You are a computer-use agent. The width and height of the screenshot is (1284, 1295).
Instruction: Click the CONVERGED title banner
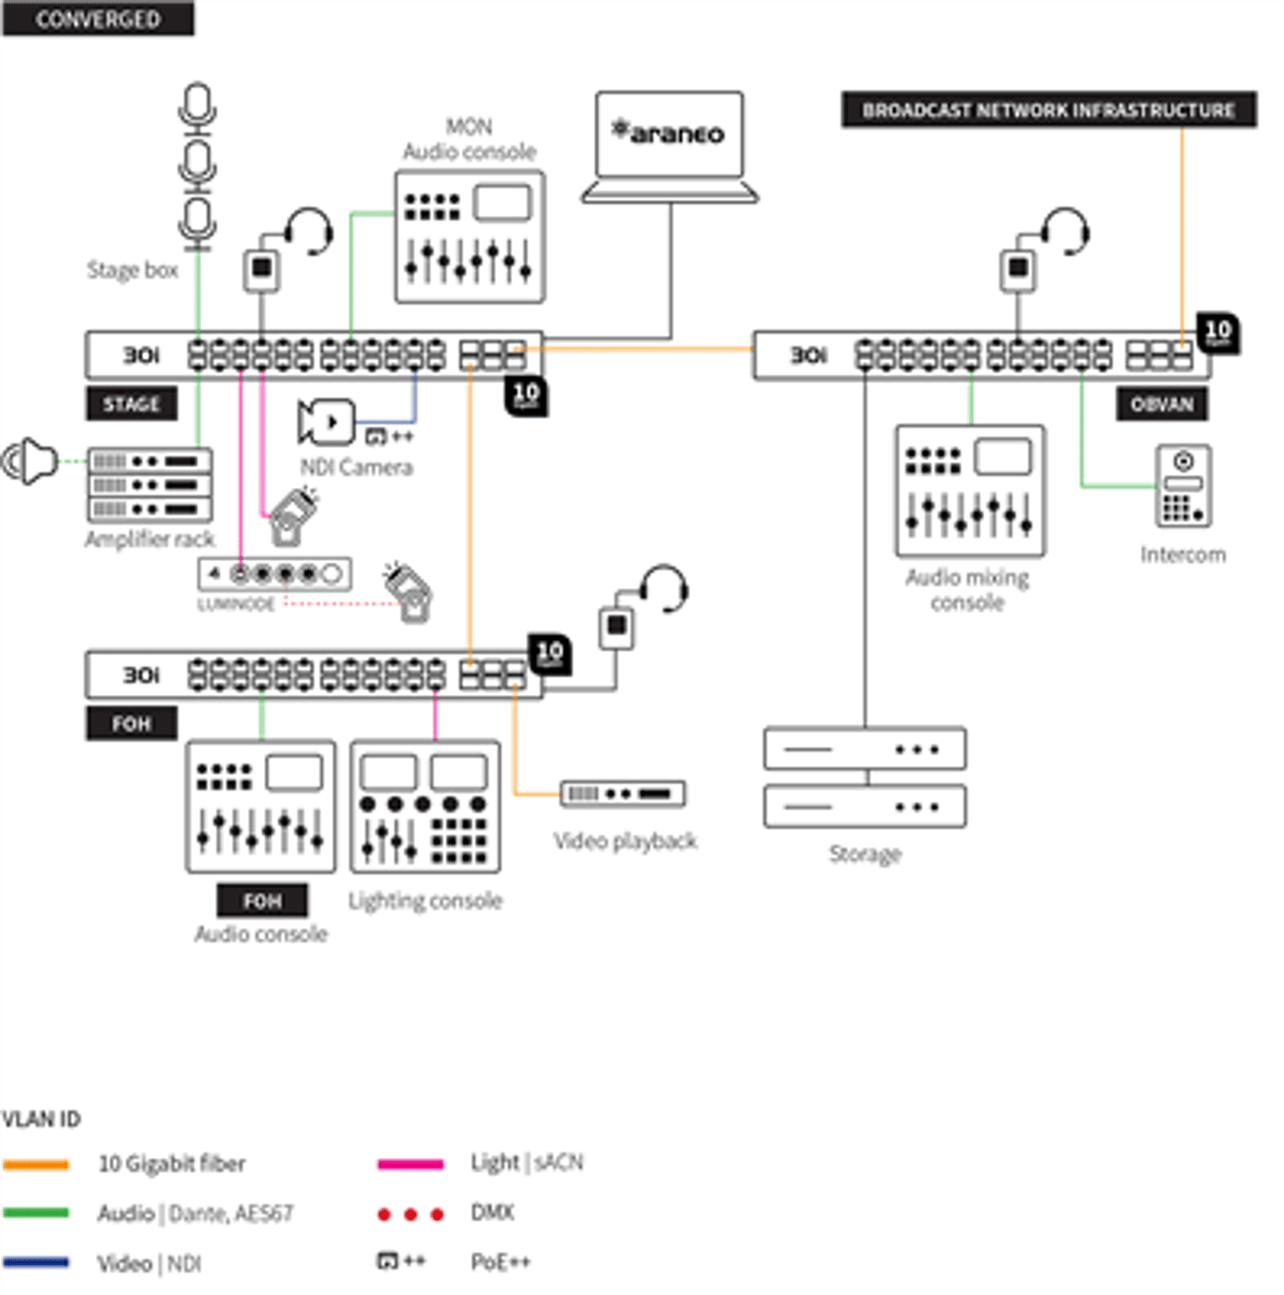98,18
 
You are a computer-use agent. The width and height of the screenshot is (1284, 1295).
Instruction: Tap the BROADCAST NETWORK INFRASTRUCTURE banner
1048,110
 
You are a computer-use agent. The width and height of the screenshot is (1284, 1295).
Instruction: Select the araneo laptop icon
670,147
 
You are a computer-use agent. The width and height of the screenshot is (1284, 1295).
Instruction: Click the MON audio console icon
469,237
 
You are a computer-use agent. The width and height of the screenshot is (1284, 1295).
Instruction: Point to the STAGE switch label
131,404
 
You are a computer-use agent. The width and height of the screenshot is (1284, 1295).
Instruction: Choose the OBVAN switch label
1161,404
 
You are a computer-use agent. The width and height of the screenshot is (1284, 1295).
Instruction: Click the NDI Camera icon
325,422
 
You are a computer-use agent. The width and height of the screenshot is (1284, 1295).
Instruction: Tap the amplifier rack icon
149,484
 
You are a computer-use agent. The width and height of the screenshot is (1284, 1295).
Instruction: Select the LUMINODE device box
274,574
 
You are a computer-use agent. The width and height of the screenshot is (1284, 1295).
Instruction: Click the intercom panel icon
1183,485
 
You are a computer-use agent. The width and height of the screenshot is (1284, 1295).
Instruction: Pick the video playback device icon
622,793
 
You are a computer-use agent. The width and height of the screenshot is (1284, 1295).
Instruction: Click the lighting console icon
425,806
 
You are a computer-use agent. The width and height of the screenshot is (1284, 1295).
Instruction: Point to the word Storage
865,854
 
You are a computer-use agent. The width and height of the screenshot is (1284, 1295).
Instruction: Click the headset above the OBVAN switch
1065,231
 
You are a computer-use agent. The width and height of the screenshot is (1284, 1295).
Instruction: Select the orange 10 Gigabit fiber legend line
35,1165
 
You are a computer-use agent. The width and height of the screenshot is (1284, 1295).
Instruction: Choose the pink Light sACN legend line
410,1165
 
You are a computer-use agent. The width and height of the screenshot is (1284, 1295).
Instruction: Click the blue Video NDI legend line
35,1263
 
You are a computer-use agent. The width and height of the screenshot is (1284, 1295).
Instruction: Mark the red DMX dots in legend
410,1214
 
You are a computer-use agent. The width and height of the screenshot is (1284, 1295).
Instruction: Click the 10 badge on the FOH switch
550,654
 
